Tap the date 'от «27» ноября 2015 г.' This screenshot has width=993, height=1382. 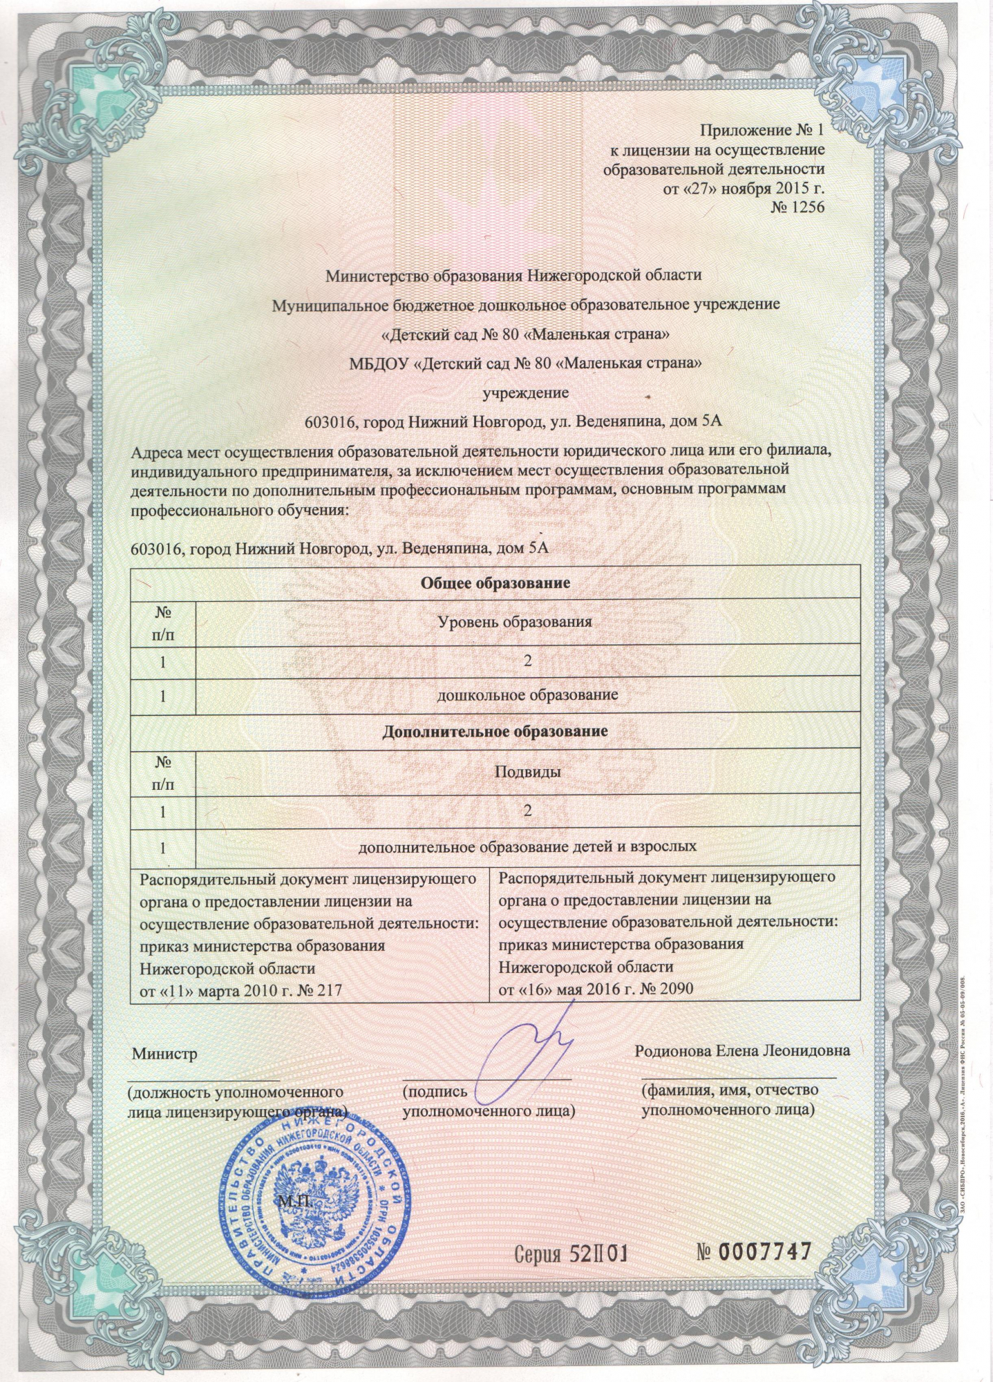pyautogui.click(x=744, y=188)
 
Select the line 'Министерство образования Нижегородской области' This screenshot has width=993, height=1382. pyautogui.click(x=513, y=275)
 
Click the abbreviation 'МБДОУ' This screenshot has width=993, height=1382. pyautogui.click(x=378, y=363)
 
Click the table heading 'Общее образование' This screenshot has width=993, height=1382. pyautogui.click(x=495, y=583)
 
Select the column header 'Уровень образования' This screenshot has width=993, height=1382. pyautogui.click(x=516, y=621)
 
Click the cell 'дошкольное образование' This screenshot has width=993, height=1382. pyautogui.click(x=528, y=694)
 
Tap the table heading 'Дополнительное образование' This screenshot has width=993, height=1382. pyautogui.click(x=495, y=730)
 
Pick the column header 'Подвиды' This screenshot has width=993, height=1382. pyautogui.click(x=527, y=771)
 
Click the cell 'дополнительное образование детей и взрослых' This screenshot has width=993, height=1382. pyautogui.click(x=527, y=845)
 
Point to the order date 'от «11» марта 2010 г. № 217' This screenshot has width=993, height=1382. pyautogui.click(x=241, y=990)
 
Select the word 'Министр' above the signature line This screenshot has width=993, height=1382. pyautogui.click(x=165, y=1054)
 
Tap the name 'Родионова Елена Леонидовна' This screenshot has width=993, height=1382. pyautogui.click(x=742, y=1050)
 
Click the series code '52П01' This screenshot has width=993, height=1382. pyautogui.click(x=598, y=1252)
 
